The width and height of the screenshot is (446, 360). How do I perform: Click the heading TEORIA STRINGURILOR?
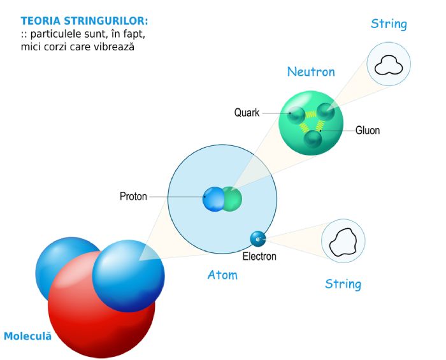tap(84, 21)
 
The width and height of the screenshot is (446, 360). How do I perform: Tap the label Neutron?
tap(311, 72)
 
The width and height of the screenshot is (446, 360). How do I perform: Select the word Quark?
tap(247, 113)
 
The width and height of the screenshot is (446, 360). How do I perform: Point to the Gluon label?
tap(368, 131)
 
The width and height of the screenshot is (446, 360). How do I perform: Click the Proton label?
tap(133, 196)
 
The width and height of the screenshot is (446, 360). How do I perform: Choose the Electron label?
tap(259, 257)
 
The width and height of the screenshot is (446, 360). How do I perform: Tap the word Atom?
tap(222, 275)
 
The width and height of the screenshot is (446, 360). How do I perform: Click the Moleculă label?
tap(27, 335)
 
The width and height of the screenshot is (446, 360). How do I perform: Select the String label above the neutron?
tap(389, 24)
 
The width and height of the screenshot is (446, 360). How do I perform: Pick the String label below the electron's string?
tap(343, 284)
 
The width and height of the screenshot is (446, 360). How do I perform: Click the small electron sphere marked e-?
tap(258, 239)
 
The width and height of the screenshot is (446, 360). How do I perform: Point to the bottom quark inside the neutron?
tap(312, 139)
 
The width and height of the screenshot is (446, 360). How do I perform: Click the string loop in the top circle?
tap(389, 64)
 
